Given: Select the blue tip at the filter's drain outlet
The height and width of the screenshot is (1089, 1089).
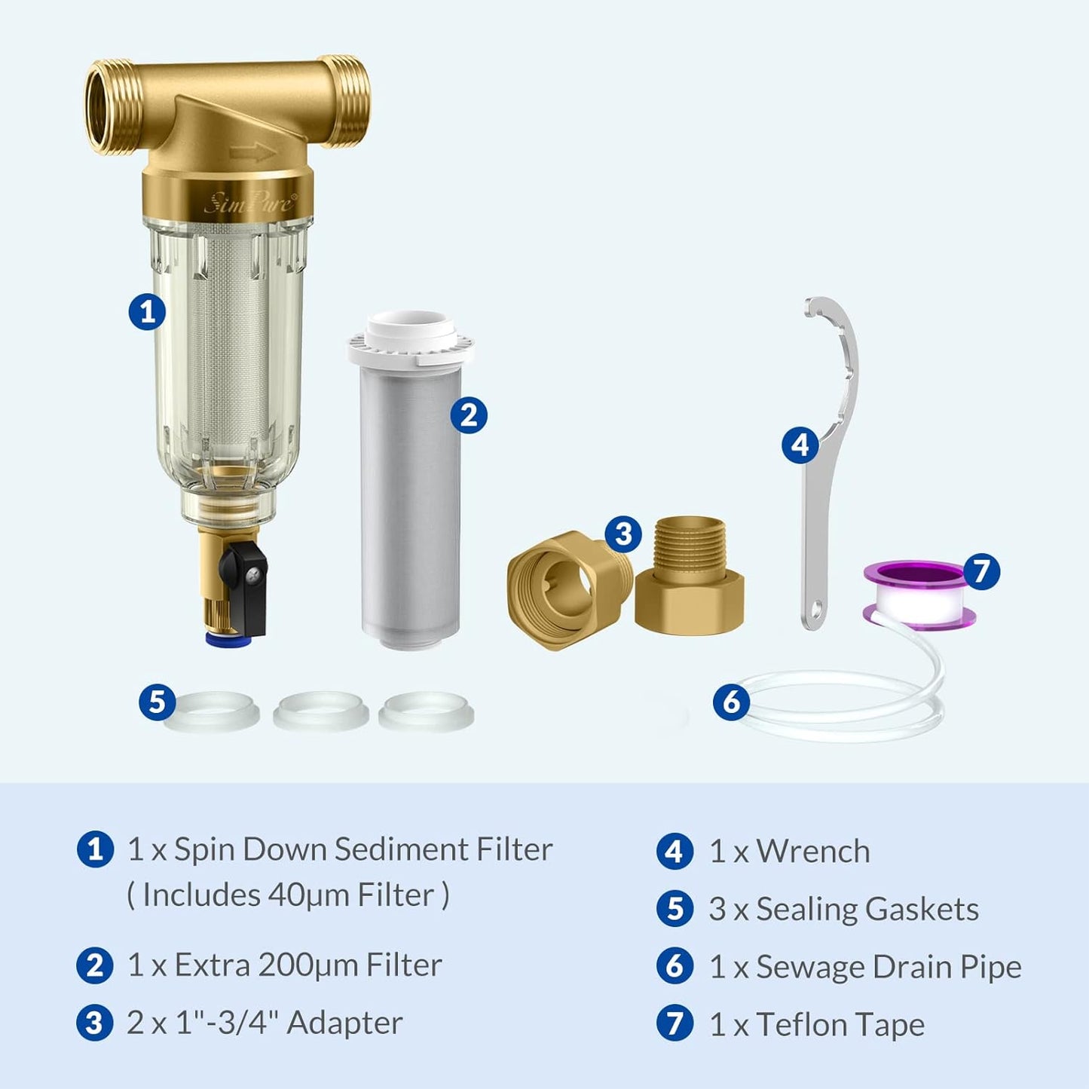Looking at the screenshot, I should point(228,640).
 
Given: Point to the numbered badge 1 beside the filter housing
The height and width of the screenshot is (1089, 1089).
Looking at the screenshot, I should point(147,310).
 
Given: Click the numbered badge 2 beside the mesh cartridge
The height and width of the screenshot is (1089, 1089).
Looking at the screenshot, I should point(469,415).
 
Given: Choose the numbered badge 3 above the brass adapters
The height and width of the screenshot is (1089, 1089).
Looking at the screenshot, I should point(623,534).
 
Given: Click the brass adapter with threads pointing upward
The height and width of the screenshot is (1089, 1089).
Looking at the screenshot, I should point(689,574).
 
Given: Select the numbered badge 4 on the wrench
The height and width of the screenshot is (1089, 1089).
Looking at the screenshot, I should point(800,445).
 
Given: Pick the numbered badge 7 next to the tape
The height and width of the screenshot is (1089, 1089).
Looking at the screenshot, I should point(981,571).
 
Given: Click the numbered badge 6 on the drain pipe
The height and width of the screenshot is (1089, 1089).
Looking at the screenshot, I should point(731,702).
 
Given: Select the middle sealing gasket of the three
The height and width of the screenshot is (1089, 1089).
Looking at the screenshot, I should point(321,711).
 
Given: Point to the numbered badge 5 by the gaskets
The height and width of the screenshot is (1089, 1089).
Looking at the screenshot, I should point(157,702).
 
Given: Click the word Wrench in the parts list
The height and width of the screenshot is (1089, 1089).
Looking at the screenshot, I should point(812,852).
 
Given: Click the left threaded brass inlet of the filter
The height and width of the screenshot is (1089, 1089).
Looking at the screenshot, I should point(109,106).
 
